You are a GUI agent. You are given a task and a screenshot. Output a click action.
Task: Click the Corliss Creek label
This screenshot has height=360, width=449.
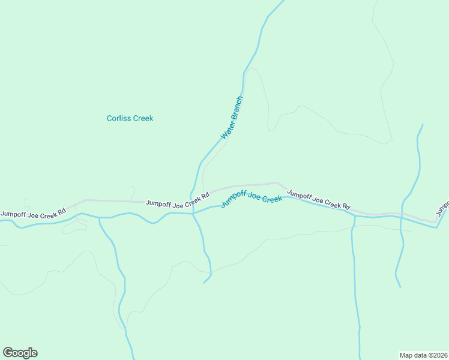[130, 118]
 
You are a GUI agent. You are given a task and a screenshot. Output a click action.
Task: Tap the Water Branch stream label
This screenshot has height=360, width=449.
[232, 118]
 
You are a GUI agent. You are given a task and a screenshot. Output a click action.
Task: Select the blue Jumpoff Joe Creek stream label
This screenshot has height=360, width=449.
[252, 198]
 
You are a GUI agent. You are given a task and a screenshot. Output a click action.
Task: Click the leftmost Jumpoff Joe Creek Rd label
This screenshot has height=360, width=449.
[33, 214]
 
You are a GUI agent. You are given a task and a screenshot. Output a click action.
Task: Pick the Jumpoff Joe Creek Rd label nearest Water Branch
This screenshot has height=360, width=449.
[178, 200]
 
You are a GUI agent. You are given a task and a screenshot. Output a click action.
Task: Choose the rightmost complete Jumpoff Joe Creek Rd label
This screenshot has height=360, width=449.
[318, 199]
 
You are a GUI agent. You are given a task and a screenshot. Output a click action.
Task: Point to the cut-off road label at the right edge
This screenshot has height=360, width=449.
[442, 208]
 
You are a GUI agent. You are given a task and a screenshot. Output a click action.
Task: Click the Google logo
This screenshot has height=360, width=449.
[20, 353]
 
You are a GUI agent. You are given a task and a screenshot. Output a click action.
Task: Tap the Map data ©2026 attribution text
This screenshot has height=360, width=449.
[423, 355]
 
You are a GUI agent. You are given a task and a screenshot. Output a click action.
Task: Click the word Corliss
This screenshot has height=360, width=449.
[119, 118]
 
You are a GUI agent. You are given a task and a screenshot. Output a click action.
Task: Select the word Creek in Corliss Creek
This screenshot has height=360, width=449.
[143, 118]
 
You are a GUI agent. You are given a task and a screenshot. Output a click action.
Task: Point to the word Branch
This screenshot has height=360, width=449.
[236, 109]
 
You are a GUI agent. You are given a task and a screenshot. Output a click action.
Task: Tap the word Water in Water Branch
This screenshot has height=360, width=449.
[226, 130]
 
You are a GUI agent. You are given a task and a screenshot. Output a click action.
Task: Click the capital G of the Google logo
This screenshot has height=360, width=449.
[8, 352]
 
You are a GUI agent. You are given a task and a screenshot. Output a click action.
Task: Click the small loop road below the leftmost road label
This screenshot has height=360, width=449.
[74, 227]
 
